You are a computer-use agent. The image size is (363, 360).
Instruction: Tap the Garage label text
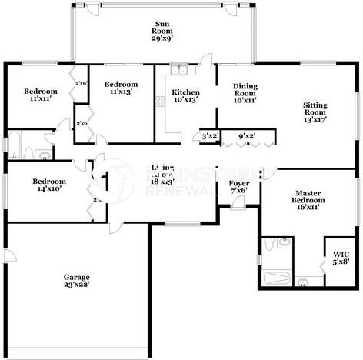pos(77,277)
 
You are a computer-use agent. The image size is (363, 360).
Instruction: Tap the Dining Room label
pos(245,92)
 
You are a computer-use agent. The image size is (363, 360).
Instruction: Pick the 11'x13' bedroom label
pos(121,88)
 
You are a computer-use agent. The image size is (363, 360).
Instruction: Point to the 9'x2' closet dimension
pos(247,136)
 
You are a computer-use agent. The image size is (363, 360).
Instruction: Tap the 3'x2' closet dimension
pos(210,136)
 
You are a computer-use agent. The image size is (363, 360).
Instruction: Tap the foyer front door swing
pos(238,202)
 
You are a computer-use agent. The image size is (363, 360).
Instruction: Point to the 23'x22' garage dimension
pos(77,285)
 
